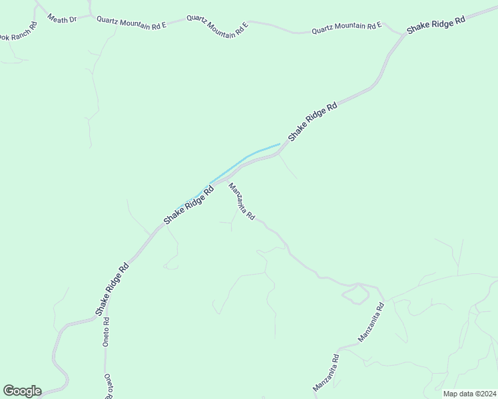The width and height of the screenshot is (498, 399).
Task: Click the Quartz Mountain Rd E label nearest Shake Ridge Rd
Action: click(x=346, y=27)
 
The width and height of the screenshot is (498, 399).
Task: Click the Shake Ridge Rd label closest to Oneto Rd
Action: click(x=111, y=289)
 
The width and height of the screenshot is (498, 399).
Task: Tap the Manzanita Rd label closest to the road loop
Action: click(x=372, y=322)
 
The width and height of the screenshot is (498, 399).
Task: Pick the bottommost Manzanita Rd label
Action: click(x=326, y=372)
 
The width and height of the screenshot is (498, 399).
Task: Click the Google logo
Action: click(x=22, y=391)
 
